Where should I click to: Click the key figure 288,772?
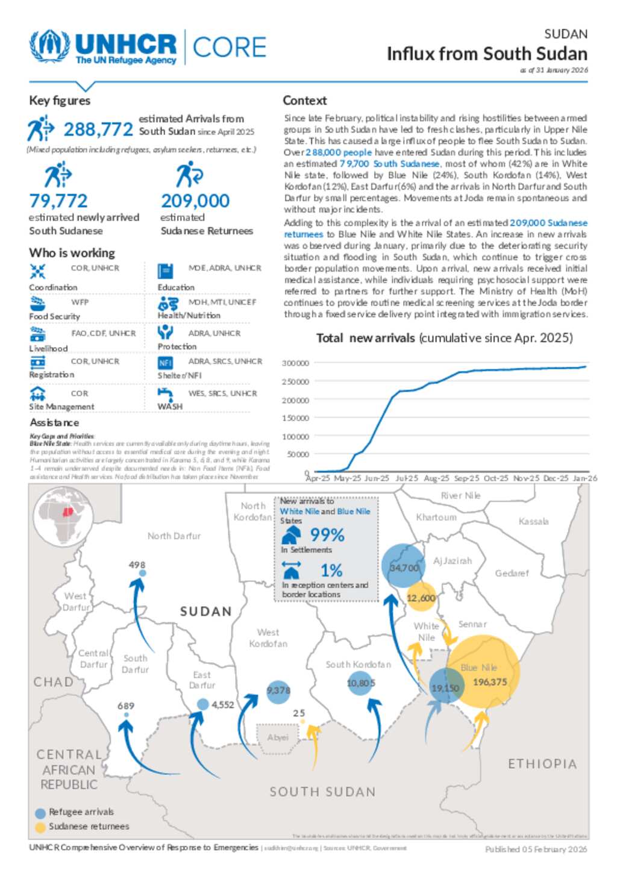point(98,130)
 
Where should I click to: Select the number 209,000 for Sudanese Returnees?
point(195,201)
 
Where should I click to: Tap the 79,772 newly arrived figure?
point(58,201)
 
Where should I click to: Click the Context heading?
point(305,101)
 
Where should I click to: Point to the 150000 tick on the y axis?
point(295,418)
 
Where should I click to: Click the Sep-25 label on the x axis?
point(466,478)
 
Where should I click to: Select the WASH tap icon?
point(165,394)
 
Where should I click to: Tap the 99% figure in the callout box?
point(327,535)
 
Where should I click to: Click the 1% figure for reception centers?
point(331,570)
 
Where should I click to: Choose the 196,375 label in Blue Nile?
point(490,682)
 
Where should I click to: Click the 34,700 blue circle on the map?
point(403,566)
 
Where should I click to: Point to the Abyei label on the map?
point(277,737)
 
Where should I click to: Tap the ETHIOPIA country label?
point(542,764)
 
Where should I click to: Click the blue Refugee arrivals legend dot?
point(40,813)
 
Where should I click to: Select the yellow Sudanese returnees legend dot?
point(40,827)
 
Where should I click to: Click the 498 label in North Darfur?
point(137,565)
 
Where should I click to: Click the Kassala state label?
point(533,522)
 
